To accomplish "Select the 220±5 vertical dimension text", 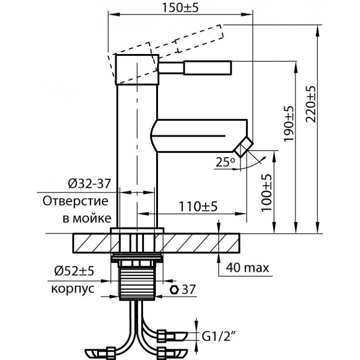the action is [311, 104].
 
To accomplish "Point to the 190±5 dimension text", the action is [288, 123].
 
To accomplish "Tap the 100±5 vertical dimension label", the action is [266, 193].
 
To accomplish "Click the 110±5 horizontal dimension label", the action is [198, 206].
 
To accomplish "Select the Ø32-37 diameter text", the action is [90, 184].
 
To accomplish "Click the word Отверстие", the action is [75, 201].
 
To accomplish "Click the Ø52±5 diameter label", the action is [74, 271].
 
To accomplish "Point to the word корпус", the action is [73, 288].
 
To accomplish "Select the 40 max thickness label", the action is [247, 267].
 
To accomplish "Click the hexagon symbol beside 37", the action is [174, 289].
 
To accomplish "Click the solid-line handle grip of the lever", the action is [207, 67].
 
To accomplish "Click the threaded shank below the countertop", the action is [137, 283].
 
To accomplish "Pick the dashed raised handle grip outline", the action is [199, 38].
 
